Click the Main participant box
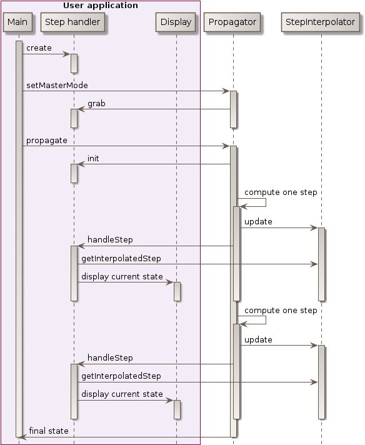[17, 22]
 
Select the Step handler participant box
[74, 22]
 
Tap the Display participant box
[176, 22]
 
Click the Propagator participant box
[232, 22]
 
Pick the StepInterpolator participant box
[321, 22]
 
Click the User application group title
[101, 6]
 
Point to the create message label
[39, 48]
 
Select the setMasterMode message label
[57, 85]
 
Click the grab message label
[96, 103]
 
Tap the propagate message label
[47, 141]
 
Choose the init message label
[93, 159]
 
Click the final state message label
[49, 431]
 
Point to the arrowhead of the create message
[67, 54]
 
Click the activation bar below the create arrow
[74, 62]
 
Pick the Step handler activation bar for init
[74, 173]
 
